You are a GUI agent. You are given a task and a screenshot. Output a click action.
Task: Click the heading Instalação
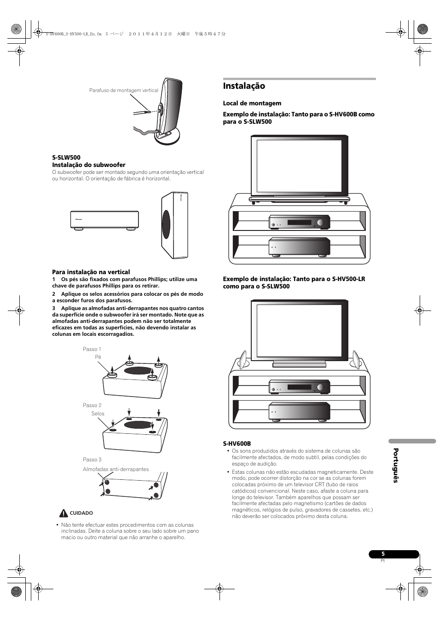pyautogui.click(x=244, y=86)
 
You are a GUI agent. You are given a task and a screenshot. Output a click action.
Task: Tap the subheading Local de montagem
pyautogui.click(x=252, y=103)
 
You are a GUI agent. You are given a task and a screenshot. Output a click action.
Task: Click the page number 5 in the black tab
pyautogui.click(x=383, y=554)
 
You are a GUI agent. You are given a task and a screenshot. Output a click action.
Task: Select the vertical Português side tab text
pyautogui.click(x=395, y=466)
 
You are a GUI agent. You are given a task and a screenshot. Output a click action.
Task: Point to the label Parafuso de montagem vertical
pyautogui.click(x=123, y=91)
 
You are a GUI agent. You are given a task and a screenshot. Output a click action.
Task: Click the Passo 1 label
pyautogui.click(x=92, y=349)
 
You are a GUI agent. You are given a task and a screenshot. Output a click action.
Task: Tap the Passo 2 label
pyautogui.click(x=92, y=405)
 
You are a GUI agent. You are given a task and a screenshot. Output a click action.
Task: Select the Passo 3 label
pyautogui.click(x=92, y=460)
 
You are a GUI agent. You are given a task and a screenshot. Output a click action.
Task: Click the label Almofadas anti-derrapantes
pyautogui.click(x=116, y=469)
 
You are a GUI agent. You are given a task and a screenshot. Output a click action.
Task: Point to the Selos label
pyautogui.click(x=98, y=414)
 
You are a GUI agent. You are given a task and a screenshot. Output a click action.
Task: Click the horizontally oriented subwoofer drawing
pyautogui.click(x=104, y=220)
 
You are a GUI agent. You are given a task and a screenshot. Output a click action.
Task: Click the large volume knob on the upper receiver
pyautogui.click(x=320, y=223)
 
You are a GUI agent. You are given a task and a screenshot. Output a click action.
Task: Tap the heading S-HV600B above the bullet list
pyautogui.click(x=237, y=444)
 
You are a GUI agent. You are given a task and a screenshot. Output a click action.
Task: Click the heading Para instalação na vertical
pyautogui.click(x=91, y=272)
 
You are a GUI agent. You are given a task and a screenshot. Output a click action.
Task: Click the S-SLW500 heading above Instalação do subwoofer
pyautogui.click(x=66, y=157)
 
